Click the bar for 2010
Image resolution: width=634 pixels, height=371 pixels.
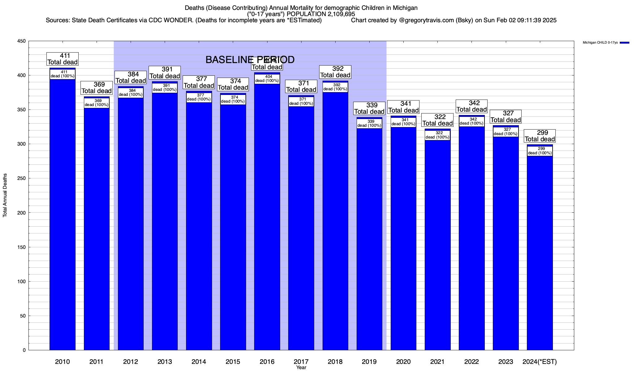[x=62, y=216]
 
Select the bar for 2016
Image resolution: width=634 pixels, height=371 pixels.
[x=267, y=216]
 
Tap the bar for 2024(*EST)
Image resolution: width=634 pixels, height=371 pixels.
[x=540, y=254]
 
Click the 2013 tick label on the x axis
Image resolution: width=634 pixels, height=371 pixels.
[x=165, y=362]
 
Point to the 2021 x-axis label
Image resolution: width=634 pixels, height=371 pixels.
[x=437, y=362]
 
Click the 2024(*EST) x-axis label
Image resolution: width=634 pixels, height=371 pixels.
[x=539, y=362]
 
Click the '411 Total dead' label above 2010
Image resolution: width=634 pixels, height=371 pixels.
[x=63, y=59]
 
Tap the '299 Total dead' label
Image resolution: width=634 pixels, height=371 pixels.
[x=540, y=136]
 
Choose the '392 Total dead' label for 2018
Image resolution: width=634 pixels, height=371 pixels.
[x=335, y=72]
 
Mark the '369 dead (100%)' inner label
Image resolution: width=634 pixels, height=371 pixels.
[x=97, y=103]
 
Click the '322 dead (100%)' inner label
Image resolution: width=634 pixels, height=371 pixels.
[x=437, y=135]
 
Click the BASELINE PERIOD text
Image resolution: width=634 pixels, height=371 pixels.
[x=250, y=60]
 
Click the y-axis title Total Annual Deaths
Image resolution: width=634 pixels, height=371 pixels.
[x=5, y=195]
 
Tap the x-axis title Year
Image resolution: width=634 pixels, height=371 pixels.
[x=301, y=368]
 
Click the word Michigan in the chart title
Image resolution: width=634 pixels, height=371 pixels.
[x=405, y=8]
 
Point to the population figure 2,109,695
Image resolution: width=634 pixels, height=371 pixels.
[x=339, y=14]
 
